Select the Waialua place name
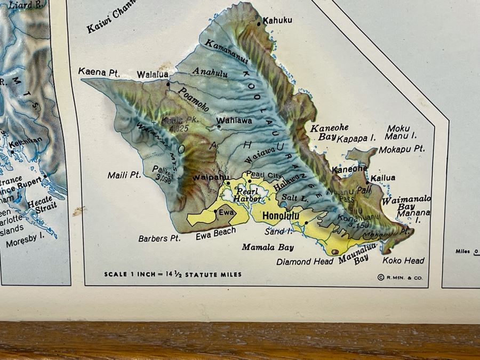tap(153, 75)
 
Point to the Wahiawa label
tap(237, 121)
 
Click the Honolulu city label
tap(281, 216)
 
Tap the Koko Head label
tap(404, 260)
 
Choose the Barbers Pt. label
tap(159, 238)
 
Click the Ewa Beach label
tap(216, 234)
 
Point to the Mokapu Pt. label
tap(406, 149)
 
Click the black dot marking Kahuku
tap(259, 24)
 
